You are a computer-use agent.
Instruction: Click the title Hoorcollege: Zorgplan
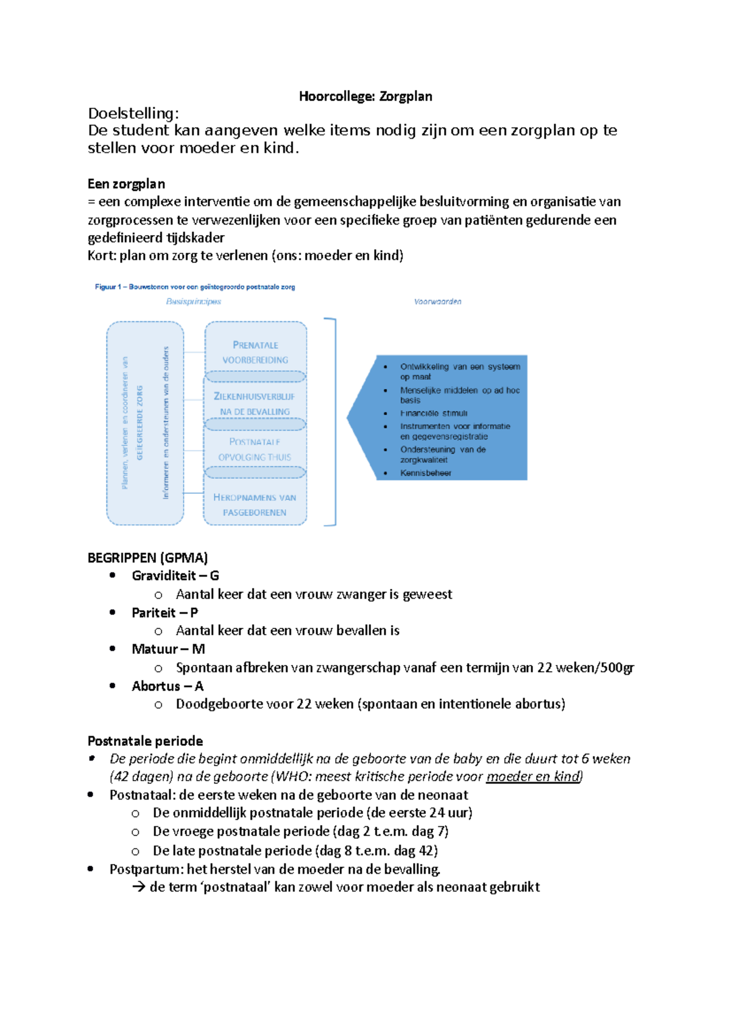click(x=365, y=96)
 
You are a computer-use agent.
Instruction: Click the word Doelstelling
click(x=133, y=113)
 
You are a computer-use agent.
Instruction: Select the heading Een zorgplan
click(x=126, y=184)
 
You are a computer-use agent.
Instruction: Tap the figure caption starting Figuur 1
click(x=195, y=287)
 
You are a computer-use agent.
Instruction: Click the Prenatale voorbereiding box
click(x=255, y=352)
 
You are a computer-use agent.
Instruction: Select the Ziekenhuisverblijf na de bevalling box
click(x=255, y=404)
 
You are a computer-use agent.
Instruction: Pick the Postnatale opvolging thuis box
click(x=255, y=449)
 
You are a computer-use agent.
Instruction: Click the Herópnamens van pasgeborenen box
click(x=255, y=505)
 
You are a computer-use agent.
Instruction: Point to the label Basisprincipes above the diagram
click(x=194, y=301)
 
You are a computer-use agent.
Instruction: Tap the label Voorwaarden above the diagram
click(x=437, y=301)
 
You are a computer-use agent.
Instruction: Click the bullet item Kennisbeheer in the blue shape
click(x=425, y=473)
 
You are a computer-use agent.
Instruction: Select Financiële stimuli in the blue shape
click(x=434, y=413)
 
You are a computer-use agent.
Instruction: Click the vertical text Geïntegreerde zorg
click(x=140, y=422)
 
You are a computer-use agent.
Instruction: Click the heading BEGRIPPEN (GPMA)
click(x=147, y=558)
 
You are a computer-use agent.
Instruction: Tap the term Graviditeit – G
click(x=175, y=576)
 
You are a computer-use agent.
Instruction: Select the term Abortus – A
click(x=167, y=686)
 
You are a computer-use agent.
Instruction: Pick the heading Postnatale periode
click(x=145, y=741)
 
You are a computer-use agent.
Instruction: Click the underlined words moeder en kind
click(x=534, y=777)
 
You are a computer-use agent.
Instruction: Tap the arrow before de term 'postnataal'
click(x=139, y=887)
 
